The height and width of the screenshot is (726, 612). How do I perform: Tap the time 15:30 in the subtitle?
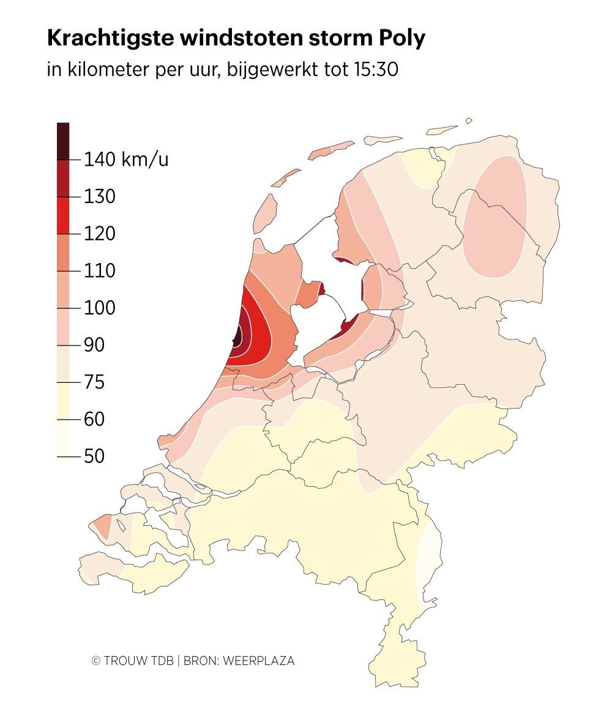pyautogui.click(x=376, y=70)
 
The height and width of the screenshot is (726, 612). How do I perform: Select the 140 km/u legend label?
pyautogui.click(x=125, y=160)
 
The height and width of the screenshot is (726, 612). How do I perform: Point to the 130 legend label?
pyautogui.click(x=100, y=197)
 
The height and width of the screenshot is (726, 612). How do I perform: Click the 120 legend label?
pyautogui.click(x=100, y=234)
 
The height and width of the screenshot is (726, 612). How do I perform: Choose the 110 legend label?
pyautogui.click(x=100, y=271)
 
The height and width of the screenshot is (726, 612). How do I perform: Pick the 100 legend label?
pyautogui.click(x=100, y=308)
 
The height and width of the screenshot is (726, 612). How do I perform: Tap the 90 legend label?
pyautogui.click(x=94, y=346)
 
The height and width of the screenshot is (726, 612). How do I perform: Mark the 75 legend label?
pyautogui.click(x=94, y=383)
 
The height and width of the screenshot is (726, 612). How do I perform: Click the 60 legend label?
pyautogui.click(x=94, y=420)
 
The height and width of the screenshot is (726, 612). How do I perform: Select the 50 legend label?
pyautogui.click(x=94, y=456)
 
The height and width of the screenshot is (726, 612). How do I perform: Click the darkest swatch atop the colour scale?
pyautogui.click(x=63, y=141)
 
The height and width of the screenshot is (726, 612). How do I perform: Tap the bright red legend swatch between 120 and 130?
pyautogui.click(x=63, y=215)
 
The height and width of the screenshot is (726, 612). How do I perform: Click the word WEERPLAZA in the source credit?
pyautogui.click(x=259, y=661)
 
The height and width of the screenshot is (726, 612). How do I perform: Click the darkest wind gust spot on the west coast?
pyautogui.click(x=235, y=337)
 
